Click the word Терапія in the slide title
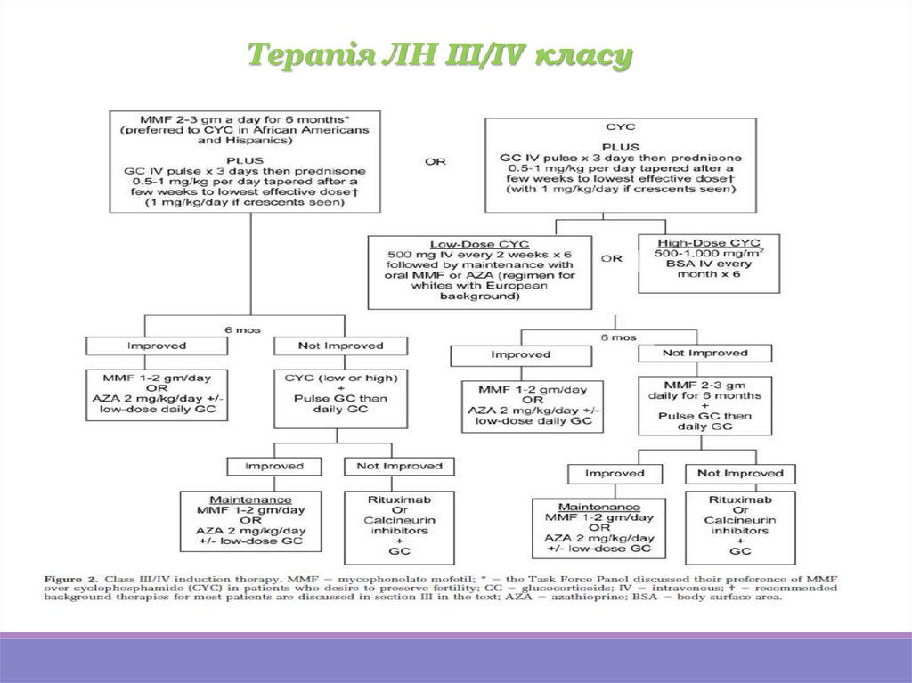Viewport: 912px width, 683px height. point(295,55)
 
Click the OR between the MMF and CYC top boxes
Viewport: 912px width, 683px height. point(436,161)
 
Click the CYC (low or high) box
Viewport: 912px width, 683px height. point(338,392)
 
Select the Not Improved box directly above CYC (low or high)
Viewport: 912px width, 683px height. point(341,346)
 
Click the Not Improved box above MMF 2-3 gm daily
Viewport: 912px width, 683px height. point(704,354)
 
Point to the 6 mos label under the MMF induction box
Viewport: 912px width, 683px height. point(241,329)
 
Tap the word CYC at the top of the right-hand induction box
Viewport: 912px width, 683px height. point(616,128)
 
